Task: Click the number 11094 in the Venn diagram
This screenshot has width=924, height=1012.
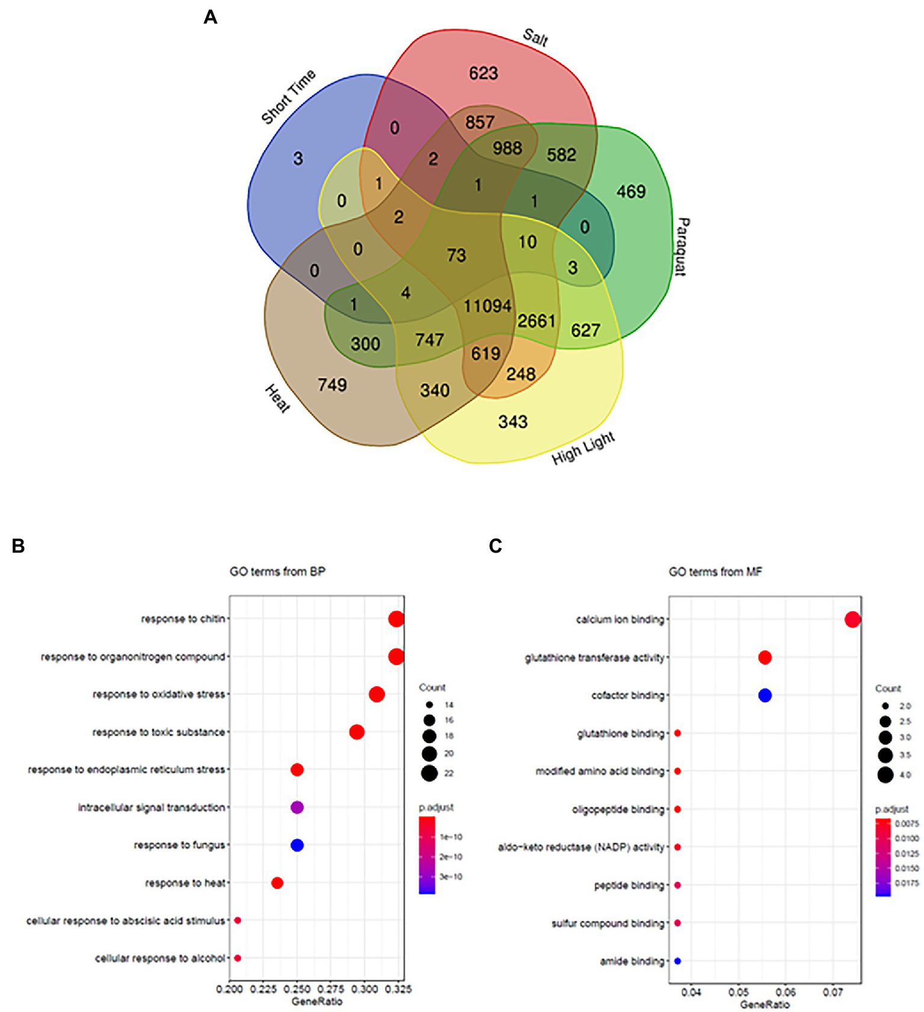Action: pyautogui.click(x=487, y=306)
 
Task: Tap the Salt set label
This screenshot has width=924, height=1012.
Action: pyautogui.click(x=535, y=38)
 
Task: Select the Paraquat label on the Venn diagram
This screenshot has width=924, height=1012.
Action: pyautogui.click(x=681, y=247)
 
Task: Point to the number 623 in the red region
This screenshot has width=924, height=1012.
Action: pyautogui.click(x=483, y=73)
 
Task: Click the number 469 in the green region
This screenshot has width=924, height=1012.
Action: pyautogui.click(x=630, y=191)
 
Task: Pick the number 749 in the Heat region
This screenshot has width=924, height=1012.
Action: pyautogui.click(x=332, y=384)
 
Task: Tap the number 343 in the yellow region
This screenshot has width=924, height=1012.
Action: pyautogui.click(x=512, y=422)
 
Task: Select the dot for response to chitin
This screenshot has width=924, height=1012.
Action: pyautogui.click(x=395, y=619)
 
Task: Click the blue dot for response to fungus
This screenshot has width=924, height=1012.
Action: pyautogui.click(x=297, y=845)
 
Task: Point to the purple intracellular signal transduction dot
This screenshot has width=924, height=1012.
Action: pyautogui.click(x=297, y=807)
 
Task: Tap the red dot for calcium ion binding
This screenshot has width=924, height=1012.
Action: pyautogui.click(x=852, y=620)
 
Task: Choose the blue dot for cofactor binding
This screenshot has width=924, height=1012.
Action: pyautogui.click(x=764, y=696)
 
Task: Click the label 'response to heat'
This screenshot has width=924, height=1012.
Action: pyautogui.click(x=185, y=883)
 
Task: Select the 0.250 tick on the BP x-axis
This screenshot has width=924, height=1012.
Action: pyautogui.click(x=297, y=989)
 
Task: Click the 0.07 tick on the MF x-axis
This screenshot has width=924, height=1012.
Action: pyautogui.click(x=833, y=992)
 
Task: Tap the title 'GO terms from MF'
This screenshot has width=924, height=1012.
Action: pyautogui.click(x=715, y=572)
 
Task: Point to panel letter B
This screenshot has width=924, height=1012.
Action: pyautogui.click(x=18, y=546)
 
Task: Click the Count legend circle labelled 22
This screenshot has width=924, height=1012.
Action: pyautogui.click(x=429, y=773)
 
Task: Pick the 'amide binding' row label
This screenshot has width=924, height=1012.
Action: pyautogui.click(x=631, y=961)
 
